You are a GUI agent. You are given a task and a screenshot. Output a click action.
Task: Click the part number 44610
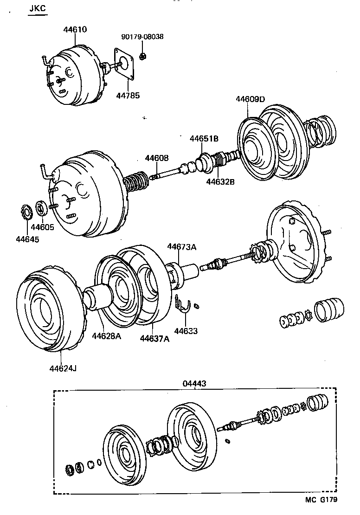(75, 30)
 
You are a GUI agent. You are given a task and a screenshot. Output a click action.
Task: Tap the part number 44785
(127, 95)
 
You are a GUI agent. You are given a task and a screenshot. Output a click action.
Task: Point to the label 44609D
(250, 99)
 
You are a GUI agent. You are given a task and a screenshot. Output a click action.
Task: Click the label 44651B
(204, 139)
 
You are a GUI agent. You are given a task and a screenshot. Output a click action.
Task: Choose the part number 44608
(157, 158)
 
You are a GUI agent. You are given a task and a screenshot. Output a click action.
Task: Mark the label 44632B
(220, 181)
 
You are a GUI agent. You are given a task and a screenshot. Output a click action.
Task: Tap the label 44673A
(182, 247)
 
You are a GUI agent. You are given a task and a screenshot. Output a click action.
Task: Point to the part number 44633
(186, 331)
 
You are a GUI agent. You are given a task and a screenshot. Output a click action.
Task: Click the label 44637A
(154, 338)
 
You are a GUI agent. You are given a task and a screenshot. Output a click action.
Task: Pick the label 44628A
(106, 335)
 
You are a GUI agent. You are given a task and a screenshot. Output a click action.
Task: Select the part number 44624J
(63, 368)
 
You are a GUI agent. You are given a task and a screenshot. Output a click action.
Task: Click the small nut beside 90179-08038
(143, 56)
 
